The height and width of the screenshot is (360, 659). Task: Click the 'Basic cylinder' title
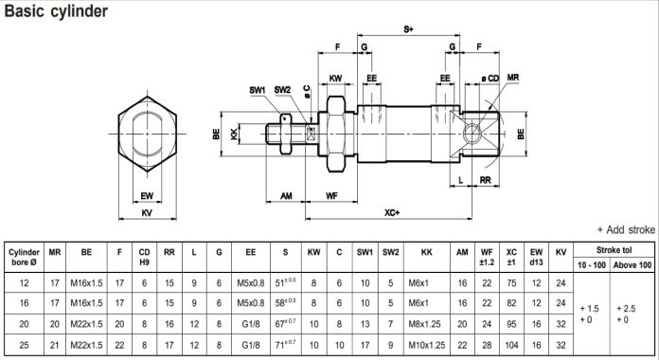click(56, 11)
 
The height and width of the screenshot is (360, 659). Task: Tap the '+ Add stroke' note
click(626, 229)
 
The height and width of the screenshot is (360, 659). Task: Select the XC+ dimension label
click(392, 213)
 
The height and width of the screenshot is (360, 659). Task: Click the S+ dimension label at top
click(408, 29)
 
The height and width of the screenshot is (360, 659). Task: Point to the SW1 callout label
click(258, 90)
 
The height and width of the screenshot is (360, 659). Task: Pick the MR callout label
click(513, 78)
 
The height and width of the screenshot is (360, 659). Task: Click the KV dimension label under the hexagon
click(147, 213)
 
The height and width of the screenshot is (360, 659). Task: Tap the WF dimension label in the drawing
click(331, 195)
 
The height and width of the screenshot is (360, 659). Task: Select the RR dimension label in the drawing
click(486, 180)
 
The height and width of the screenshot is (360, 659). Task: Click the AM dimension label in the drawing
click(286, 195)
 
